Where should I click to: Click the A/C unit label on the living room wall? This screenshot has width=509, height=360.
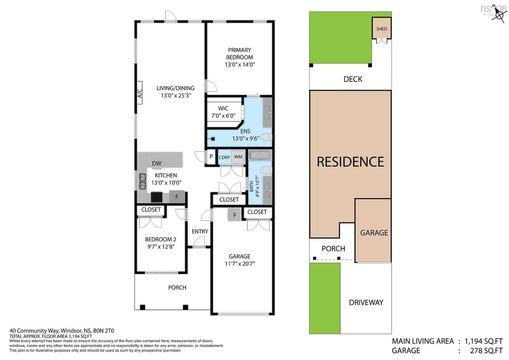click(139, 93)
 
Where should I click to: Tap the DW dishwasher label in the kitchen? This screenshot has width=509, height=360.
click(156, 163)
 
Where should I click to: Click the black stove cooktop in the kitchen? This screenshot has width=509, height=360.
click(156, 196)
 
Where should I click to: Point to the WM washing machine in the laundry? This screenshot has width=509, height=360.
click(238, 157)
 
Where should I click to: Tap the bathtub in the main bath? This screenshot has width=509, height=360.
click(260, 155)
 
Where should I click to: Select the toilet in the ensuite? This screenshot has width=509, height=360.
click(266, 137)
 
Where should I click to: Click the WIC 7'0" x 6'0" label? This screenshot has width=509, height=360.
click(223, 112)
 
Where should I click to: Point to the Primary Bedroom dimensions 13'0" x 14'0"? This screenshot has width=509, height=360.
click(240, 64)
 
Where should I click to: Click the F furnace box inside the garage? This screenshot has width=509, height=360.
click(235, 215)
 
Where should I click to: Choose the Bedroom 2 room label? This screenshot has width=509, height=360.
click(161, 240)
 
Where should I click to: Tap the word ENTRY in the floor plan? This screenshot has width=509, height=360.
click(200, 232)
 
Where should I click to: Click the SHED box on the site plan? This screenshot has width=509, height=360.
click(381, 28)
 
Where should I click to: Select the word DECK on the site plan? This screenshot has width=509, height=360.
click(353, 79)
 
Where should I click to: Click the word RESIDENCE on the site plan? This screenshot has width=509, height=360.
click(350, 162)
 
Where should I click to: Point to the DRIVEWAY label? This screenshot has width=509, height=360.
click(366, 302)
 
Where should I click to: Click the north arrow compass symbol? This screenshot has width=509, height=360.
click(498, 14)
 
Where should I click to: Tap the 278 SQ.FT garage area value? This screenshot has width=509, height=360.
click(486, 351)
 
